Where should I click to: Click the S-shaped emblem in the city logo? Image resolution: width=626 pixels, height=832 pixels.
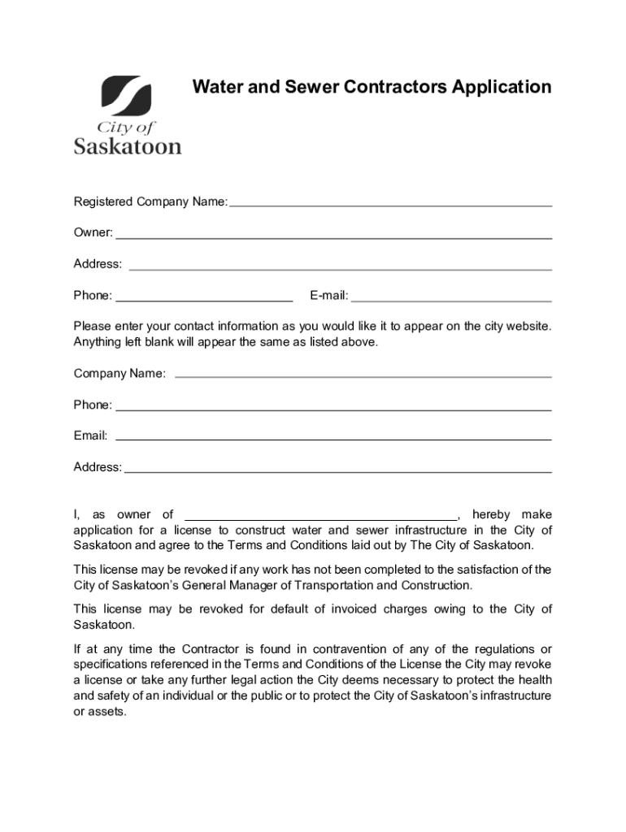pos(126,96)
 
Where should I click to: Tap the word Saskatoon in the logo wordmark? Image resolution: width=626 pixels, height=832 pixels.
pos(128,146)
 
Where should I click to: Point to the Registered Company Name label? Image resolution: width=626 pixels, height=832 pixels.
pos(150,201)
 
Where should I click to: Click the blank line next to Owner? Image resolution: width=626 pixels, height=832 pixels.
pos(333,237)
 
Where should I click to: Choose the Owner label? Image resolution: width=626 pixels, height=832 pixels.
pos(93,233)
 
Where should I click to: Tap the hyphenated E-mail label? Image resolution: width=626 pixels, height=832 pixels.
pos(328,296)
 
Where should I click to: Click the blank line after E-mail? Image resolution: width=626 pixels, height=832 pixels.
pos(451,300)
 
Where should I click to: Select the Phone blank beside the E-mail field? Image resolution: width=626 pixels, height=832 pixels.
pos(204,300)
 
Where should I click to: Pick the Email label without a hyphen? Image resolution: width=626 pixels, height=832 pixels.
pos(90,435)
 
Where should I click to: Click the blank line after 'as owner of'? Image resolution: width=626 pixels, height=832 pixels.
pos(321,518)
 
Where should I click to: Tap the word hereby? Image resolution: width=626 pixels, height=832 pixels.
pos(491,514)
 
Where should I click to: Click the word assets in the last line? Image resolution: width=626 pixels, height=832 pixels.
pos(110,711)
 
